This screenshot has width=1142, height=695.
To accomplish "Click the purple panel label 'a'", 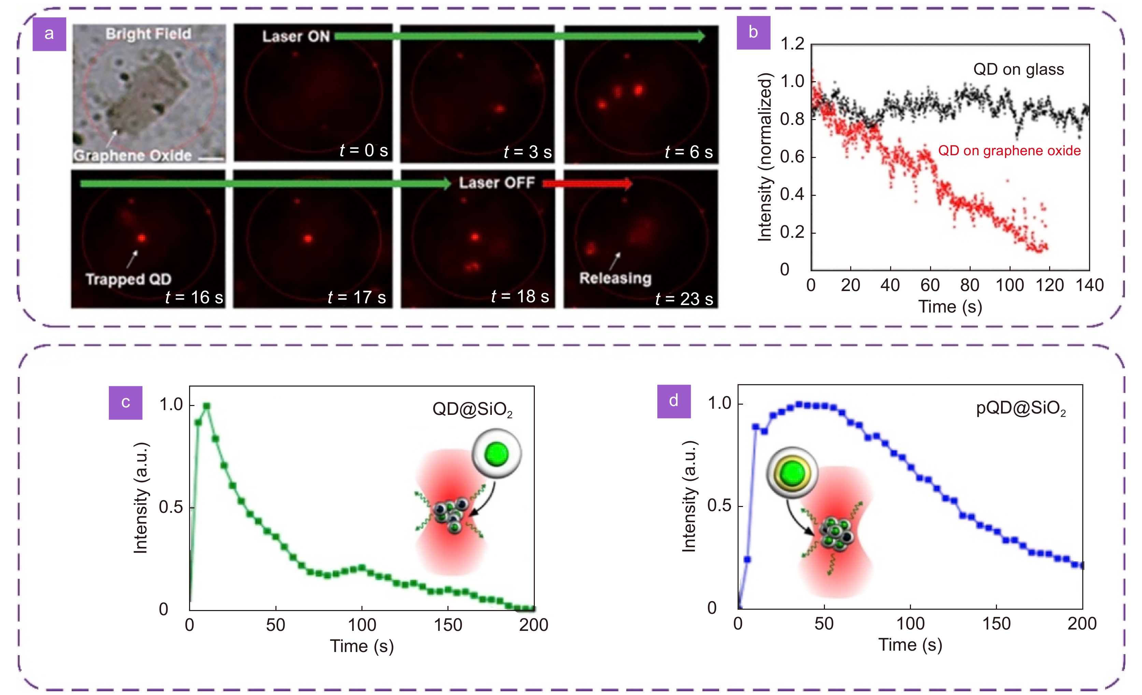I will point(49,34).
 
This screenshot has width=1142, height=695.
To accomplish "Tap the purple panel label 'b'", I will point(753,32).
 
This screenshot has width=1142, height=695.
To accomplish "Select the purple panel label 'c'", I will point(125,402).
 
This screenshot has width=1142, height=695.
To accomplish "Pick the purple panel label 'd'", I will point(673,401).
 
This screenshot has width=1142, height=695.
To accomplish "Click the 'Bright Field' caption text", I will point(148,34).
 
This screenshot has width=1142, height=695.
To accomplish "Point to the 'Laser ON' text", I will point(296,37).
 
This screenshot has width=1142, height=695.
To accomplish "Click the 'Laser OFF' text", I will point(497,183).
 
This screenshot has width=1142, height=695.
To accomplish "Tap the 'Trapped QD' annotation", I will point(128,279).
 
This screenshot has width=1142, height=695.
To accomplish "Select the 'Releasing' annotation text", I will point(615,278).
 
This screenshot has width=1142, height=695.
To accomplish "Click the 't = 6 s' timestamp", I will point(688,151).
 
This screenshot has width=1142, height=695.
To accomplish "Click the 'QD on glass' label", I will point(1018,70).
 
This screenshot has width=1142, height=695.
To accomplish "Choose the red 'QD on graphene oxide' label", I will point(1009,150).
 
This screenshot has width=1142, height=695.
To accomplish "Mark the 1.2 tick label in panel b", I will point(792,44).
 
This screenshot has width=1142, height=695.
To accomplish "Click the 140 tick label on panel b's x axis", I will point(1089,285).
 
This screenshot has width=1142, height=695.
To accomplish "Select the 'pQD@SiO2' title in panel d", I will point(1020,408).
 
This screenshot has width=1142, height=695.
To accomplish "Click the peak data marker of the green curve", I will point(207,406).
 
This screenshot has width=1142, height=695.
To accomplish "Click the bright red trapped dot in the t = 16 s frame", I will point(141,238).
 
